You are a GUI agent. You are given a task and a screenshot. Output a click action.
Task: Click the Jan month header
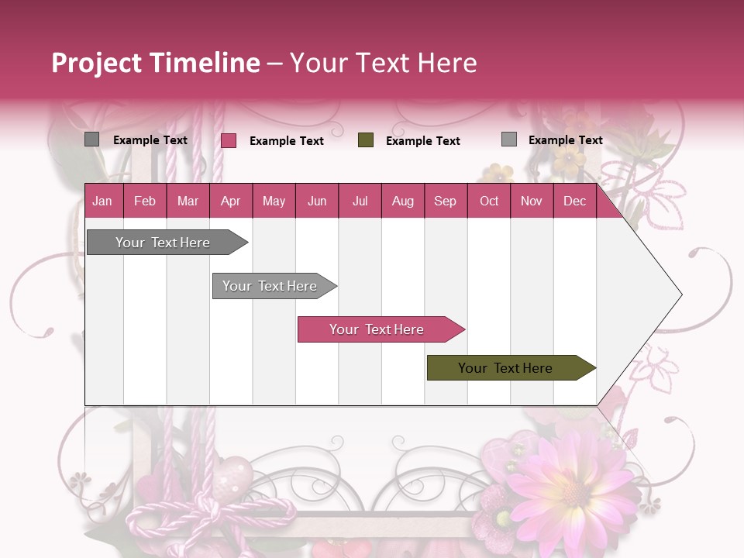102,201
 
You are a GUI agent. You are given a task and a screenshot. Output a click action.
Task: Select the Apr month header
230,201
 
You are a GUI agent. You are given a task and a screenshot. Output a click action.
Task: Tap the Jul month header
360,201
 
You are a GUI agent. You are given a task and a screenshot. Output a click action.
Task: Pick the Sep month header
445,201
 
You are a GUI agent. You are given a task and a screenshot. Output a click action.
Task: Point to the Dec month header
574,201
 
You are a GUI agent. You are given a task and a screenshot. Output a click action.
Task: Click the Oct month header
489,201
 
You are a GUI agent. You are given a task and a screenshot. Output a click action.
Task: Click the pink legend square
229,140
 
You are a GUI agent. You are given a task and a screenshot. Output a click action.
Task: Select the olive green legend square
366,140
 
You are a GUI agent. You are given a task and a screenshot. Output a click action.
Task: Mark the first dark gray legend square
92,139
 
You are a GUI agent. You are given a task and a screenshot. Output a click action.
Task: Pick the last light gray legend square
509,139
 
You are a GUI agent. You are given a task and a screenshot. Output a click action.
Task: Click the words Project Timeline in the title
155,63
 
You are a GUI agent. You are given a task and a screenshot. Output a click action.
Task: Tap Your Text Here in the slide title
384,63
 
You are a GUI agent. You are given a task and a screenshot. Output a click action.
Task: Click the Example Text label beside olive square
423,140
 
